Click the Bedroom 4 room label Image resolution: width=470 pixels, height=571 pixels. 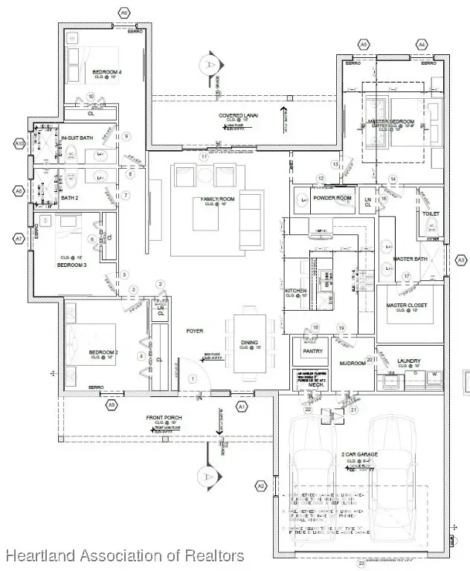[107, 72]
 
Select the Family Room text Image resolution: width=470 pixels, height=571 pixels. [217, 199]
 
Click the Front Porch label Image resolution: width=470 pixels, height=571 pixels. [164, 428]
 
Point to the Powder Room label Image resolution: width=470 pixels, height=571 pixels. [332, 198]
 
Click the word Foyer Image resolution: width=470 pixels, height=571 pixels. [196, 331]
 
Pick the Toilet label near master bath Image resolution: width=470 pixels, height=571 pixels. [431, 213]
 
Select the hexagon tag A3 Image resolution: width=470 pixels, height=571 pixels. [460, 259]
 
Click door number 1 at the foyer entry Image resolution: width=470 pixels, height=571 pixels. [192, 378]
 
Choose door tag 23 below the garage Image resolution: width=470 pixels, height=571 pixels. [362, 564]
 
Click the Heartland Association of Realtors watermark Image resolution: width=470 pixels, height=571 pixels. [123, 555]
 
